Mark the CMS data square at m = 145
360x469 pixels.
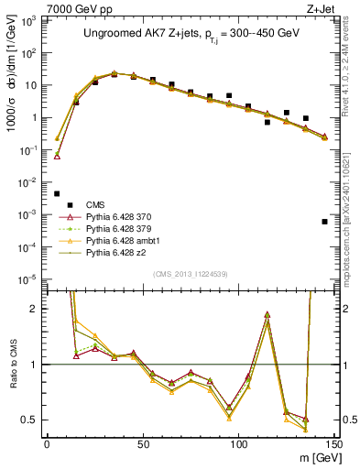(324, 222)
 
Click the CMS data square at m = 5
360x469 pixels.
(57, 193)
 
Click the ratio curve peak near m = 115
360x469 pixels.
(267, 314)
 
